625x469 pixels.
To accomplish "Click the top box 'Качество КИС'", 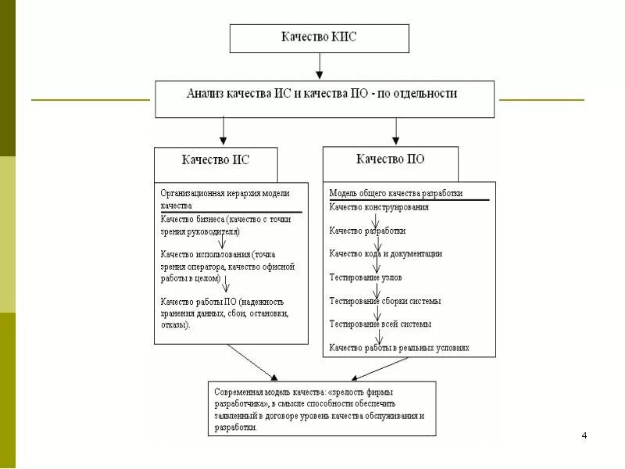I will coord(319,38).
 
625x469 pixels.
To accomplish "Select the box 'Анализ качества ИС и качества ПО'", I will coord(323,94).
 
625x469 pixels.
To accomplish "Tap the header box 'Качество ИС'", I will coord(216,159).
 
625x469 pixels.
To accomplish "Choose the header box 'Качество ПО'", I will coord(391,159).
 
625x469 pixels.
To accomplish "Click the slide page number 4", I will coord(584,435).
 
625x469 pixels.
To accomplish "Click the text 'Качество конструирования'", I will coord(379,207).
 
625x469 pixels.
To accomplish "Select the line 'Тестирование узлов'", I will coord(366,277).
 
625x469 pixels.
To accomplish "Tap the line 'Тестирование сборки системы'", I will coord(385,300).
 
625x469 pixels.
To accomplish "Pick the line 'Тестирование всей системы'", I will coord(380,324).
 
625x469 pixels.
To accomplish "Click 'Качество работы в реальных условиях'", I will coord(399,347).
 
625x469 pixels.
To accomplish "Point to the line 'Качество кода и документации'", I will coord(386,253).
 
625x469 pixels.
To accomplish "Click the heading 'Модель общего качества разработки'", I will coord(396,192).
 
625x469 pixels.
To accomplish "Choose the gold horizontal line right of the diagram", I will coord(541,100).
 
